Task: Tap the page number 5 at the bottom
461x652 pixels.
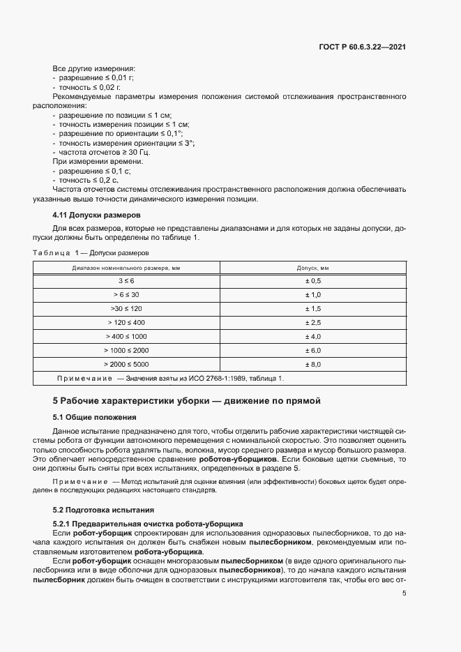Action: [x=405, y=593]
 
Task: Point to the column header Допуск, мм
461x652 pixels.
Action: [x=312, y=268]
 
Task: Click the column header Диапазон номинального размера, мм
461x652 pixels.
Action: [x=126, y=268]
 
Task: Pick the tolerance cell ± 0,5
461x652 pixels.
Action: [x=312, y=281]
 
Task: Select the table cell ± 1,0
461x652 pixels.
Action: [x=312, y=295]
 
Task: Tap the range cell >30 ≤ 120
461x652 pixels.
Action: [x=126, y=308]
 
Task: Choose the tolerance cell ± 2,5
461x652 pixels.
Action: [x=312, y=322]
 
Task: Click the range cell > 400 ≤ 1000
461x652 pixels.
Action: [x=126, y=336]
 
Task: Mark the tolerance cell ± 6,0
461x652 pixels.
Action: [x=312, y=350]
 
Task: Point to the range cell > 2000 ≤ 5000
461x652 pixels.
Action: [x=126, y=364]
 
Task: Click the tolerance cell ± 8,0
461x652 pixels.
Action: [x=312, y=364]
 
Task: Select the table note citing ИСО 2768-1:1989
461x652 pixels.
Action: [x=170, y=378]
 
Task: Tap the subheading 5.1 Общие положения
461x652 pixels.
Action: [x=94, y=417]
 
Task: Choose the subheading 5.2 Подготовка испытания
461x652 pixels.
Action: [x=104, y=509]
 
